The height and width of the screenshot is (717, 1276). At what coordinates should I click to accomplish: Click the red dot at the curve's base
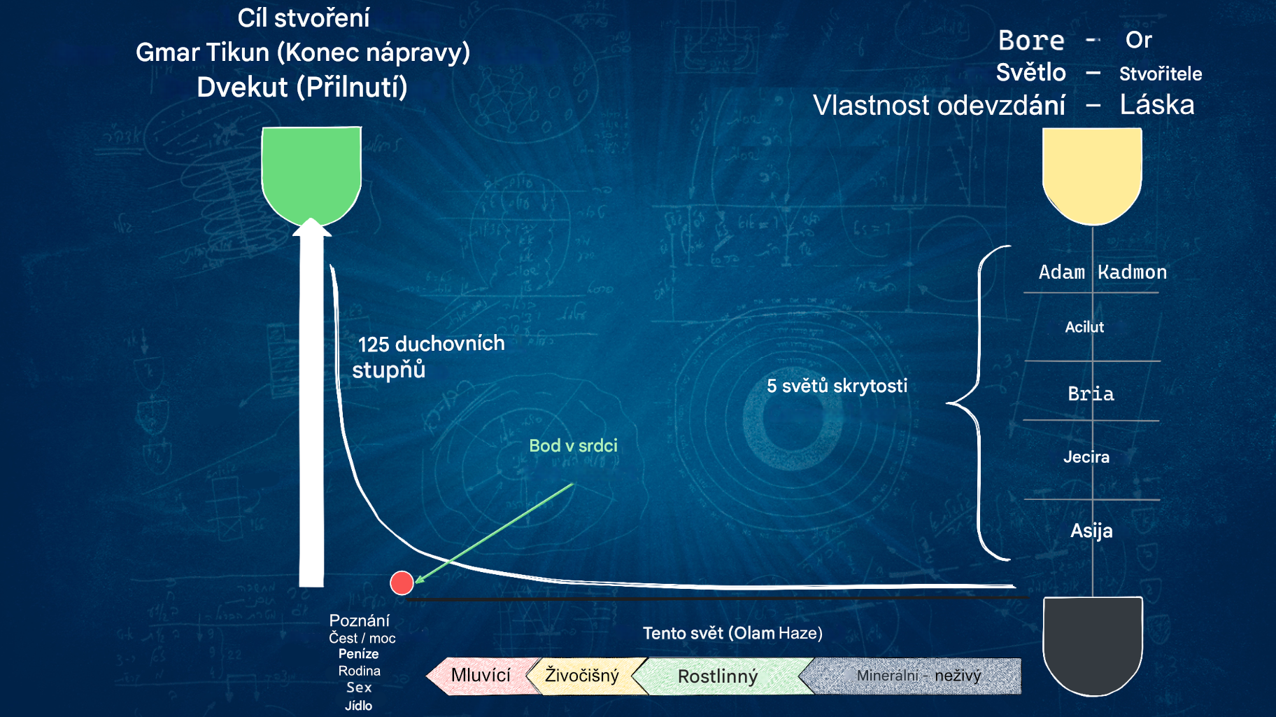[x=402, y=583]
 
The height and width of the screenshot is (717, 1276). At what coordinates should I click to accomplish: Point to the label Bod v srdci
[x=573, y=446]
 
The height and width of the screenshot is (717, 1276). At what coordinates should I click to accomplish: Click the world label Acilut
[x=1084, y=327]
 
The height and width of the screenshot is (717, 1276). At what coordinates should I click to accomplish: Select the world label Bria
[x=1091, y=394]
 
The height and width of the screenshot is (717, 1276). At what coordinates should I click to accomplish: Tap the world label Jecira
[x=1086, y=457]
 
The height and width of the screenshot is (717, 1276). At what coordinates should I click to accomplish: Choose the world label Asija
[x=1091, y=531]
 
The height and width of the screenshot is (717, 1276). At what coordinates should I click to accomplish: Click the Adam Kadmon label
[x=1103, y=272]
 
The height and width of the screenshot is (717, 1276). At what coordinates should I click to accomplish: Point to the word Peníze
[x=358, y=654]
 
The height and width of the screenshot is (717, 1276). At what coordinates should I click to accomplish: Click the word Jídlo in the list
[x=358, y=706]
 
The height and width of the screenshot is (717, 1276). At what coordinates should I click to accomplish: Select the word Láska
[x=1157, y=105]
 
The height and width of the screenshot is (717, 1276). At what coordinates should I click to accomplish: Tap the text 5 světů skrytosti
[x=837, y=386]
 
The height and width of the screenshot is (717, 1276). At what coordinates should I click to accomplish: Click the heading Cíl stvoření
[x=304, y=18]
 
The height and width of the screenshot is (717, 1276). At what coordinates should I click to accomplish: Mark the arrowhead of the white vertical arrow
[x=311, y=228]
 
